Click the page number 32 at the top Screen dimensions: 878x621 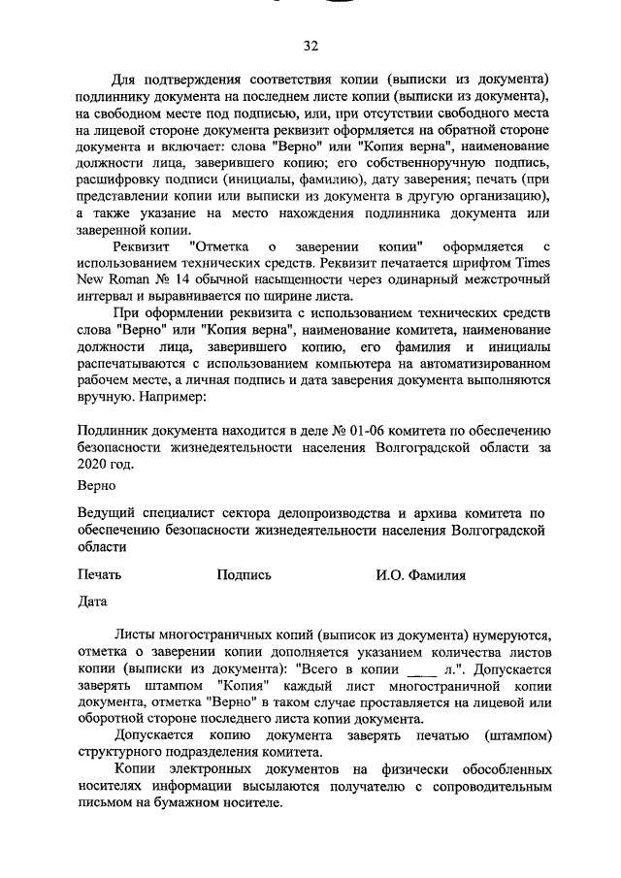pyautogui.click(x=310, y=46)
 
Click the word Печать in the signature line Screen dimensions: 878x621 pyautogui.click(x=99, y=574)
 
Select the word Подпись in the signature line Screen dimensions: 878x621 pyautogui.click(x=244, y=574)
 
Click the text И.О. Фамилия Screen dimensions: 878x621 pyautogui.click(x=420, y=574)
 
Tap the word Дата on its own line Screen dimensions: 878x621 pyautogui.click(x=91, y=602)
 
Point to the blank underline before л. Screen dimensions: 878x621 pyautogui.click(x=418, y=669)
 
